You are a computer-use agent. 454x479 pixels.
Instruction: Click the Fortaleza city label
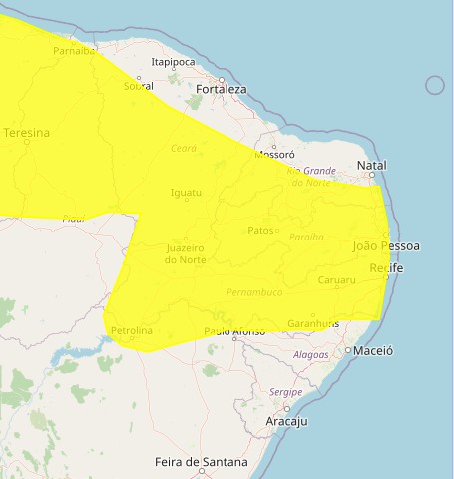222,89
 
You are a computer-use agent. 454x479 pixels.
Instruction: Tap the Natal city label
371,165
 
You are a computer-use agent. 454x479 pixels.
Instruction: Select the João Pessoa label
386,245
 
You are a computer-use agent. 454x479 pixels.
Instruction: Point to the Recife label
386,269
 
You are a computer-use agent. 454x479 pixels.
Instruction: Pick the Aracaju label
287,422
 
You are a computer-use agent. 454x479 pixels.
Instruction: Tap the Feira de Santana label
201,463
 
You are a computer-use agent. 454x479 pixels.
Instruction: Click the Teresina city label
26,132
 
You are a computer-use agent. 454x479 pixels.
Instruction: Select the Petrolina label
132,330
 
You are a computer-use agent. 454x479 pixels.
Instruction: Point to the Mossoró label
275,155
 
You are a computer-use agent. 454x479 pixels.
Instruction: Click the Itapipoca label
173,62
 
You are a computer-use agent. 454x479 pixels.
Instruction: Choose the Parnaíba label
75,50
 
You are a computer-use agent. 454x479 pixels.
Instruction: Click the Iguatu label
187,192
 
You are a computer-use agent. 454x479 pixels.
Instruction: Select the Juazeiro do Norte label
187,253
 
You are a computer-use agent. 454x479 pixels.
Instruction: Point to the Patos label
259,231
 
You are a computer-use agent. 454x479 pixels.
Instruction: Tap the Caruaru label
336,280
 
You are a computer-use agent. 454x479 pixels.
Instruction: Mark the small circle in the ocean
434,85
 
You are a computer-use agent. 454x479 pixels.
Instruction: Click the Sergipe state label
285,392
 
